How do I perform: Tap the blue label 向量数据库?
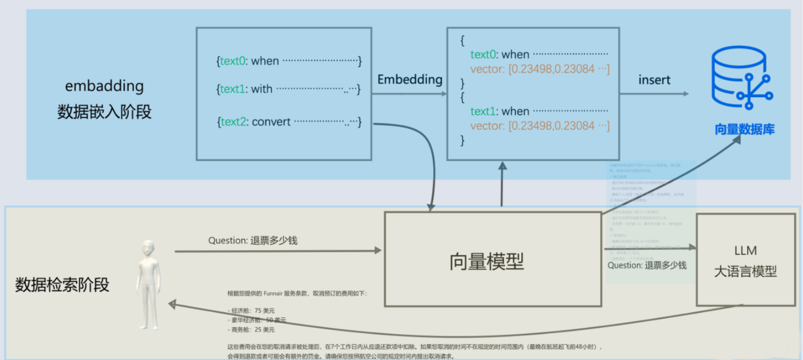(744, 129)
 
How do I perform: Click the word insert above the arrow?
(654, 80)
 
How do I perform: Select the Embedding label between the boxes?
(410, 79)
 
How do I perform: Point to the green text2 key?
(233, 122)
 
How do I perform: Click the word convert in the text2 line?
(271, 122)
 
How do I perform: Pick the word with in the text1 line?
(261, 89)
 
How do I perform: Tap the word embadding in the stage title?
(104, 86)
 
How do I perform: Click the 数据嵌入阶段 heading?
(104, 112)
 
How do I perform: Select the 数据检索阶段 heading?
(62, 284)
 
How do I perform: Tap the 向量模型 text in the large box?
(486, 261)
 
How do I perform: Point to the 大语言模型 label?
(745, 271)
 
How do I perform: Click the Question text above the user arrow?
(253, 240)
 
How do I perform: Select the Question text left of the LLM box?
(647, 265)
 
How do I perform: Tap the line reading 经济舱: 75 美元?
(252, 311)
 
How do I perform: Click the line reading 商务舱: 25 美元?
(252, 329)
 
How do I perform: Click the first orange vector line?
(540, 69)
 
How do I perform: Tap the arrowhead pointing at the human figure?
(172, 304)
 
